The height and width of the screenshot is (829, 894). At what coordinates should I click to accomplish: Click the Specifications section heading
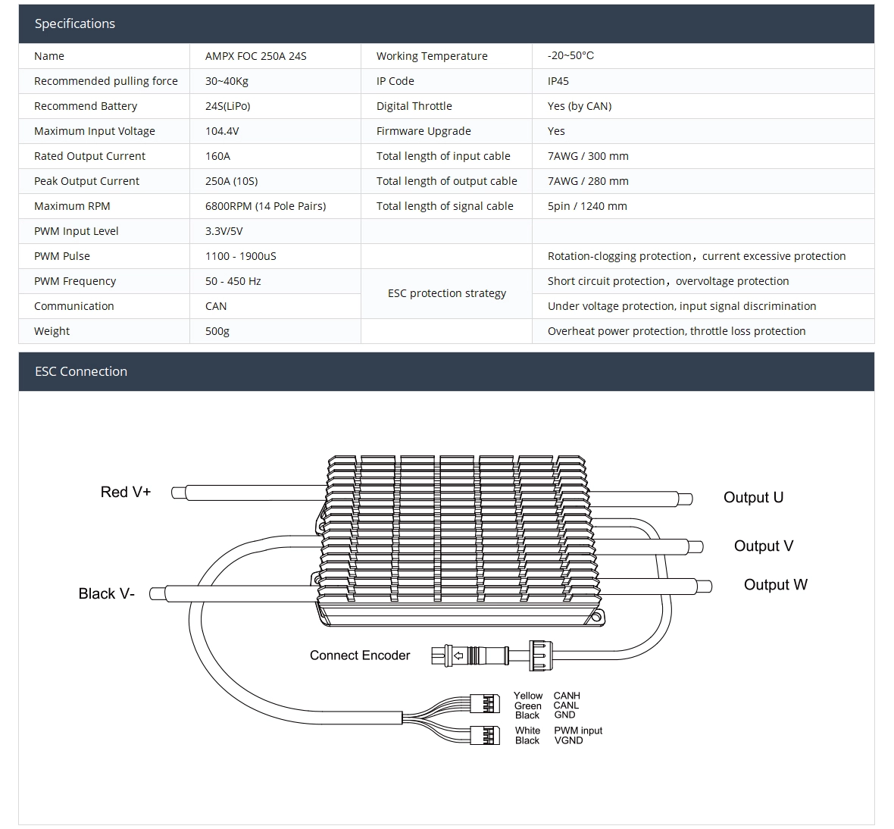(75, 23)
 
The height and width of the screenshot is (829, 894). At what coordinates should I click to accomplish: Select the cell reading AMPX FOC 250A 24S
(255, 56)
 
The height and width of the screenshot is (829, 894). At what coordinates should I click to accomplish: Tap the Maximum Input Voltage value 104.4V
(222, 131)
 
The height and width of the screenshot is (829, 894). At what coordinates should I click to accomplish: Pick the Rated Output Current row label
(89, 156)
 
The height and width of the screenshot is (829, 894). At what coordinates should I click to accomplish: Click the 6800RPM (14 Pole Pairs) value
(265, 206)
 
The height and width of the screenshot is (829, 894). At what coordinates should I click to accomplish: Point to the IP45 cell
(558, 81)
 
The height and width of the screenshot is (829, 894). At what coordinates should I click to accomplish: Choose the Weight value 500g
(217, 331)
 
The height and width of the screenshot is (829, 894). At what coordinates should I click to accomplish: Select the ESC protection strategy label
(446, 293)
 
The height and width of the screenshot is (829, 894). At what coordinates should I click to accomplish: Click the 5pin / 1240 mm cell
(587, 206)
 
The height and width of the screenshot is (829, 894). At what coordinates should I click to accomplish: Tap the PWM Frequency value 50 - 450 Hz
(233, 281)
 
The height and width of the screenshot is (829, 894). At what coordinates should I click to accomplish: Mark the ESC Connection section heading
(81, 371)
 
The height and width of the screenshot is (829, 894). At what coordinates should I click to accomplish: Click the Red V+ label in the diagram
(126, 492)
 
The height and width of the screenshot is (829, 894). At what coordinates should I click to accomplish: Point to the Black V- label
(107, 593)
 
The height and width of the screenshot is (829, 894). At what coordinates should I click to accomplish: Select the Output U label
(753, 497)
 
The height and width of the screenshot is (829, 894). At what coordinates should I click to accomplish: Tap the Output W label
(775, 584)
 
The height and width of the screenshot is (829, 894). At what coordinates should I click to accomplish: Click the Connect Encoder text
(360, 655)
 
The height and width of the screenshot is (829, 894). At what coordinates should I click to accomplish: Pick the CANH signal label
(567, 696)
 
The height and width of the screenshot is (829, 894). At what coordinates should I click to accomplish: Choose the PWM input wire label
(578, 730)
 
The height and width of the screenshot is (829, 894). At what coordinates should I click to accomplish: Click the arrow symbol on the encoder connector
(458, 655)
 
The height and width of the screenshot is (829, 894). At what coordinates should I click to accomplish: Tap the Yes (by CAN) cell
(579, 106)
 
